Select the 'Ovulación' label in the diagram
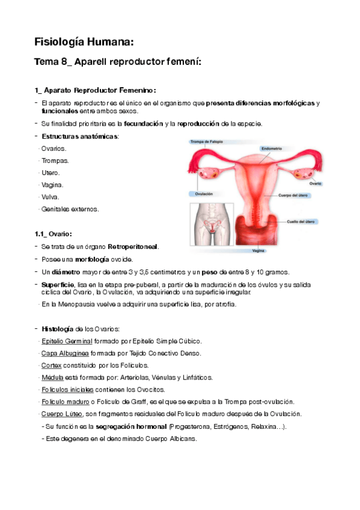click(x=201, y=194)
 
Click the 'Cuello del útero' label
click(x=301, y=223)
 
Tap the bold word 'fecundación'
click(x=143, y=124)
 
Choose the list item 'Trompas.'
click(x=55, y=161)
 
